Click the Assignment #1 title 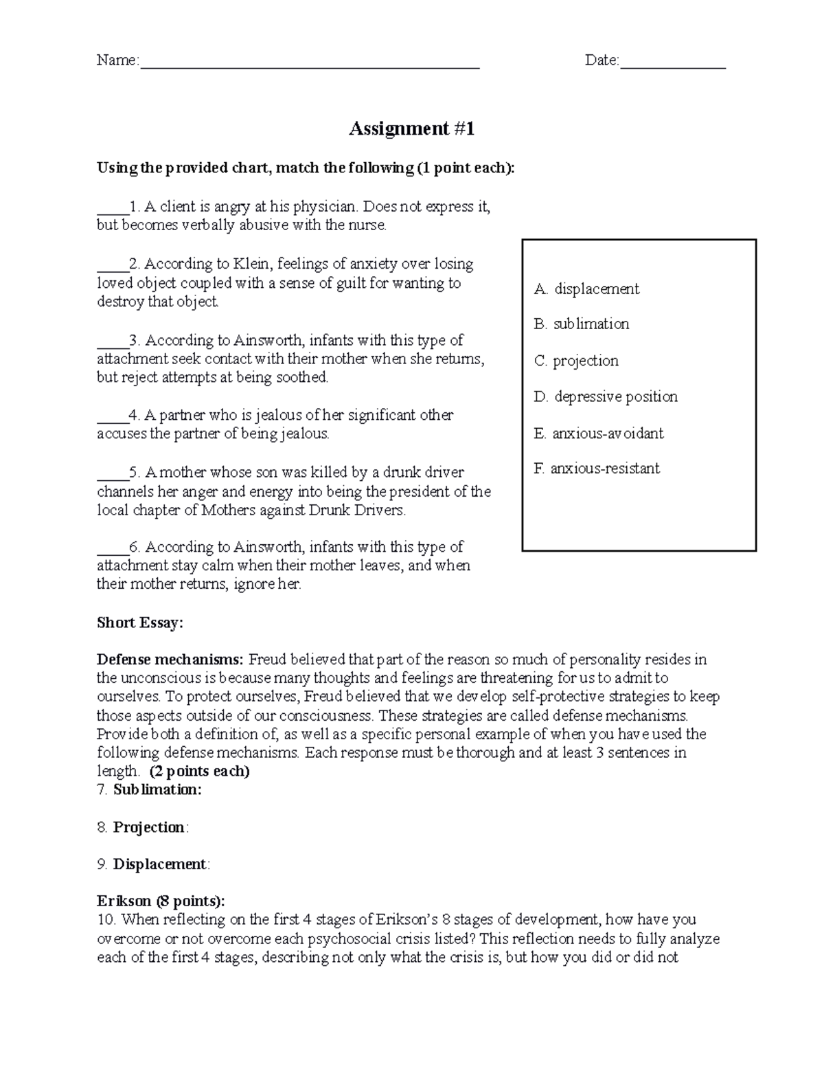click(x=411, y=129)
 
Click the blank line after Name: click(x=309, y=63)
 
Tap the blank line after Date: click(x=672, y=63)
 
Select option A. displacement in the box click(x=586, y=289)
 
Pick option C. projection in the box click(x=576, y=361)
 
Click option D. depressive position click(x=606, y=396)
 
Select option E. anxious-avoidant click(x=598, y=433)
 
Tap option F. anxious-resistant click(x=596, y=469)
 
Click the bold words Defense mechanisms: click(x=170, y=660)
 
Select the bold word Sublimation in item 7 click(x=157, y=789)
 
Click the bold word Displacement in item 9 click(x=159, y=864)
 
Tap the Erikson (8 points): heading click(x=161, y=901)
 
